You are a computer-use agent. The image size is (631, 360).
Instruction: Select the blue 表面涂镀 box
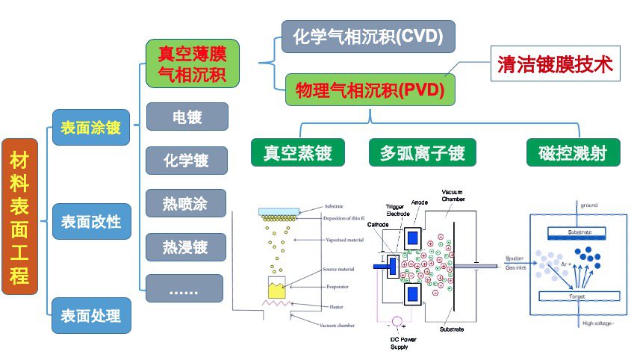(x=90, y=128)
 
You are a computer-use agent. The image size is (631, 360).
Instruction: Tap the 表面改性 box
(x=90, y=222)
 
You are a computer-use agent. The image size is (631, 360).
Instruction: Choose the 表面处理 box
(x=90, y=314)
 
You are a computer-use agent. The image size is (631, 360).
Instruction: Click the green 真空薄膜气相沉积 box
(x=193, y=63)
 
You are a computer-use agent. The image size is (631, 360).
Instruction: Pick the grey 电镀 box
(x=185, y=117)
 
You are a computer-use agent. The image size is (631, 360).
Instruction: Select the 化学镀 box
(x=185, y=160)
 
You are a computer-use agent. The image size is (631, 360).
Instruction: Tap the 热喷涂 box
(x=185, y=203)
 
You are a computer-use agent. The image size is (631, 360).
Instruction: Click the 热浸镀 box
(x=185, y=246)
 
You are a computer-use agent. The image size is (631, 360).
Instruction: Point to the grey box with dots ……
(x=185, y=288)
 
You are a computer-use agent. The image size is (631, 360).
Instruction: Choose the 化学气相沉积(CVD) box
(x=368, y=35)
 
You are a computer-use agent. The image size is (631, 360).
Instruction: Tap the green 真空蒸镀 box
(x=298, y=153)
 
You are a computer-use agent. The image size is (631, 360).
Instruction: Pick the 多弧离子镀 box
(x=423, y=153)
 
